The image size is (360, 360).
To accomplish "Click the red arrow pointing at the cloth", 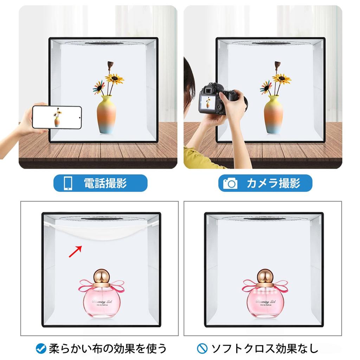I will click(x=76, y=251).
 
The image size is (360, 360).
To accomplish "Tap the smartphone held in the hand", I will click(x=57, y=117).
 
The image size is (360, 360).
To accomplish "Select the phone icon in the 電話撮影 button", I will click(x=67, y=183).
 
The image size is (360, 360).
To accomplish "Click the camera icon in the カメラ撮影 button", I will click(x=230, y=183).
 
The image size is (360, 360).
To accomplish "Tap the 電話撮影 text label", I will click(x=105, y=183).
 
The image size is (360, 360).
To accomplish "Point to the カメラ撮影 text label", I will click(x=273, y=183).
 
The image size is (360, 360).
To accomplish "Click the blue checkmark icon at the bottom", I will click(x=41, y=348).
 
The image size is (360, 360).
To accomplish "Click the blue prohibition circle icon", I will click(x=202, y=348).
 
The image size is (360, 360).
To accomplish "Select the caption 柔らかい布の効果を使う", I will click(x=107, y=348).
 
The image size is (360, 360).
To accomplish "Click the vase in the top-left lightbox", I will click(x=106, y=115).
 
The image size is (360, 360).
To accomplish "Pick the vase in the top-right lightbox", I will click(x=274, y=115).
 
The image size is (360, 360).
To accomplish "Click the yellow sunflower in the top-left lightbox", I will click(x=115, y=78).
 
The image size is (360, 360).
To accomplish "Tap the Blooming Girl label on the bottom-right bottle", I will click(x=265, y=302).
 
